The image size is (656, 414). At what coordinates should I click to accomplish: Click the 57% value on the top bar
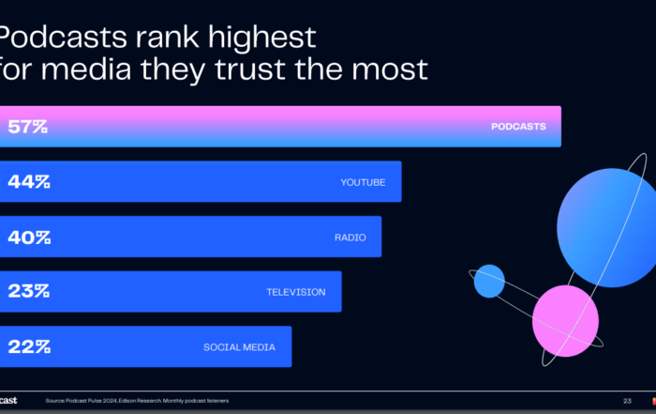(27, 127)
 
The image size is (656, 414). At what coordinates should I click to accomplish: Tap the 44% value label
(28, 182)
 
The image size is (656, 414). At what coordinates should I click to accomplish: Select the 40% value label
(28, 237)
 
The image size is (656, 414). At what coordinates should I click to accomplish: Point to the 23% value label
(28, 292)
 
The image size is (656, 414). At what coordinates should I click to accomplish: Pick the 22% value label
(28, 346)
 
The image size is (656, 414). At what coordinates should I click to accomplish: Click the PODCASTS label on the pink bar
(518, 127)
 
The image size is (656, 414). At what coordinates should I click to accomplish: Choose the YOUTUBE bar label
(363, 182)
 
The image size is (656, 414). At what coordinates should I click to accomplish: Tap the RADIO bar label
(344, 237)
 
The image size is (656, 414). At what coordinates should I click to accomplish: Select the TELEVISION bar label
(296, 292)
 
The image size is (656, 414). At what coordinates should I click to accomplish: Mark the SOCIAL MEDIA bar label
(239, 347)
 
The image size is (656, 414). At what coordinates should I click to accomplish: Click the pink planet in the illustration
(565, 320)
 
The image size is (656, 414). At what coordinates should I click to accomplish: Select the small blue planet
(488, 281)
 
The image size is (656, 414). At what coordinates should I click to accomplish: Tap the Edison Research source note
(137, 401)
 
